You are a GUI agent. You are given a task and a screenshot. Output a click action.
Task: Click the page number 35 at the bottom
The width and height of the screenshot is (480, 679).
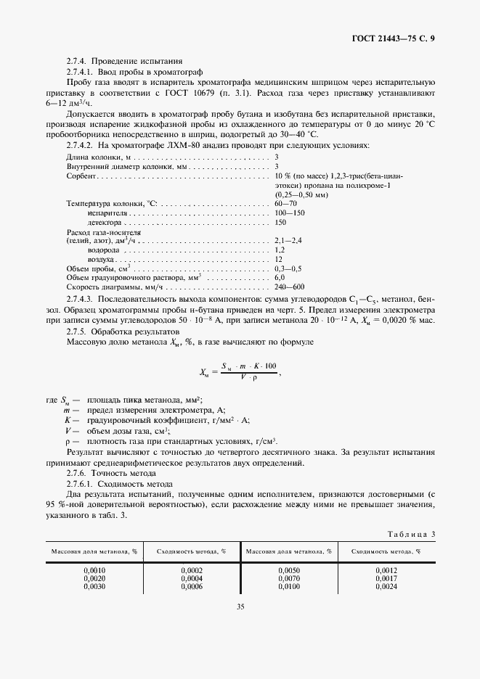click(240, 607)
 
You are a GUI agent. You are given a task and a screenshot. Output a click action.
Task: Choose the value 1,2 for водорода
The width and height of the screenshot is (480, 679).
click(279, 269)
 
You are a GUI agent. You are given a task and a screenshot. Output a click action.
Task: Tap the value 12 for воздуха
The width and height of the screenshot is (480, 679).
click(278, 279)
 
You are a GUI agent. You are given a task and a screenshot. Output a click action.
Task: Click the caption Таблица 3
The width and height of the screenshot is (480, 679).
click(411, 534)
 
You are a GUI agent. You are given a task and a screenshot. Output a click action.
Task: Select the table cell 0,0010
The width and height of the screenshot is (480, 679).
click(94, 571)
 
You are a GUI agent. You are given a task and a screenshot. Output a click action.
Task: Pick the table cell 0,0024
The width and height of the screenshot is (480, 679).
click(386, 585)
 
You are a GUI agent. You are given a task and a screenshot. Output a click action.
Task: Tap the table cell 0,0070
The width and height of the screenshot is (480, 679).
click(289, 578)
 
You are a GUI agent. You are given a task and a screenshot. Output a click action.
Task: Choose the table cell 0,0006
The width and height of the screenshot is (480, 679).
click(192, 585)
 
